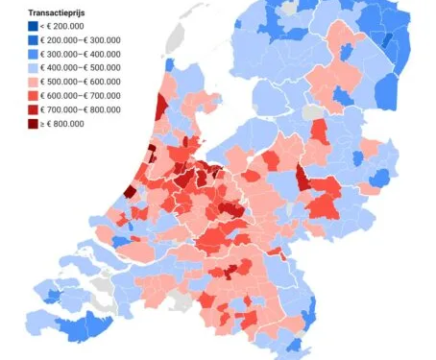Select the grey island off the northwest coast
pyautogui.click(x=173, y=40)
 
